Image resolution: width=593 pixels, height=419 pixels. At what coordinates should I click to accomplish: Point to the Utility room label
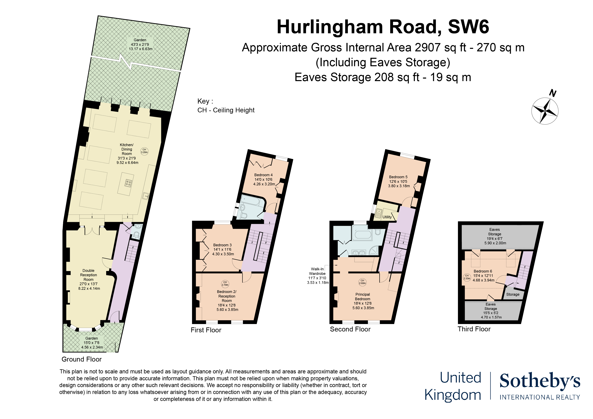[x=387, y=217]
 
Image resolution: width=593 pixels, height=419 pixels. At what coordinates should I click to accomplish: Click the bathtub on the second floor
[x=363, y=234]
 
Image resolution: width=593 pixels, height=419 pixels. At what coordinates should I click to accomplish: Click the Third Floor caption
[x=474, y=329]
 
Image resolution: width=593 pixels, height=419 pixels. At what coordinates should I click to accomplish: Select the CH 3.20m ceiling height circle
[x=144, y=151]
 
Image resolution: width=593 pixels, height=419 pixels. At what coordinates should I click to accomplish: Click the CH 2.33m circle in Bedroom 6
[x=467, y=277]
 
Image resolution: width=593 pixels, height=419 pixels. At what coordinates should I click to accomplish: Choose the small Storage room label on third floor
[x=513, y=294]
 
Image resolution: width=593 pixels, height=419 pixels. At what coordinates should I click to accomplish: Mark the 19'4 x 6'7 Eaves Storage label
[x=495, y=236]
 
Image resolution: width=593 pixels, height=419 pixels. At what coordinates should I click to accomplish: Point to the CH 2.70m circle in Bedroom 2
[x=225, y=284]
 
